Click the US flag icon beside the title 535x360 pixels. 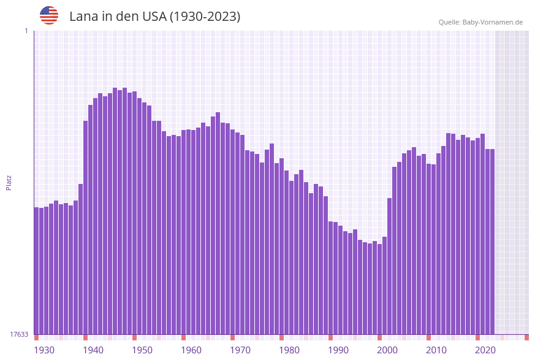[49, 15]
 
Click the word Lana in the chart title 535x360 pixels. [83, 17]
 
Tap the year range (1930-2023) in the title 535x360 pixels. [204, 17]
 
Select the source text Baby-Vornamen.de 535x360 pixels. [492, 22]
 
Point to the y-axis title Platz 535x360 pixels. [9, 183]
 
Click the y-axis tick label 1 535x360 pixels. [26, 31]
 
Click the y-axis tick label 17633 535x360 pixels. [19, 334]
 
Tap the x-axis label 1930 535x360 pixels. [44, 350]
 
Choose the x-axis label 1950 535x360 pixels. [142, 350]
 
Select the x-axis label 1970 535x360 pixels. [240, 350]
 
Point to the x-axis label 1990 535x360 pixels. [338, 350]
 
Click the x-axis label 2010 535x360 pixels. [436, 350]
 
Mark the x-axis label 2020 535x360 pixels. [485, 350]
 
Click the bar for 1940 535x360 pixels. [86, 228]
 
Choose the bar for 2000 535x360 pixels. [380, 289]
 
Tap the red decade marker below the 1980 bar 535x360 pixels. [282, 337]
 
